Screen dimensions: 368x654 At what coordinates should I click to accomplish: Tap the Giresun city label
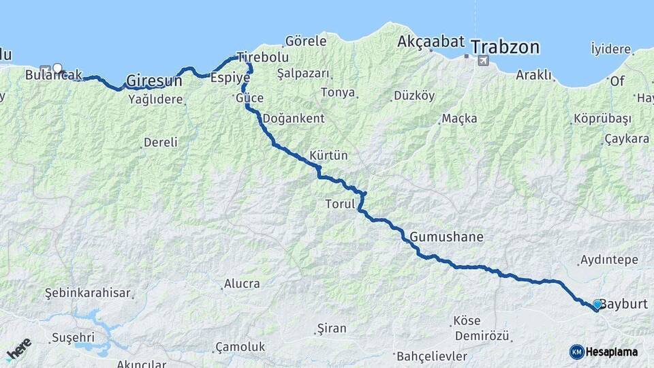[155, 80]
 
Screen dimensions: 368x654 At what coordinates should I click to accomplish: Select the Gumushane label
[446, 237]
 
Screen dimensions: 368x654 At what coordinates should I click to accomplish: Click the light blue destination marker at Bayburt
[597, 304]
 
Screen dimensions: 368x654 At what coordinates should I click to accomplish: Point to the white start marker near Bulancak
[58, 68]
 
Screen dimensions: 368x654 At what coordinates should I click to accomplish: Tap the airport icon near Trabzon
[483, 61]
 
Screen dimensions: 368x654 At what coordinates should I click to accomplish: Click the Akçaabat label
[430, 42]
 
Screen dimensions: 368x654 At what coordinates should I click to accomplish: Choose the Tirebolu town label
[262, 57]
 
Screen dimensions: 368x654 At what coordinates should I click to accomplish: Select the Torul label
[338, 204]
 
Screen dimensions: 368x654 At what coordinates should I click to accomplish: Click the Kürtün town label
[328, 155]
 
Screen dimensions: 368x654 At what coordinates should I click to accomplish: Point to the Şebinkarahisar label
[87, 293]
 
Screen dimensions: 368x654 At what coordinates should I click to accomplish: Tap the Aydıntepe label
[608, 260]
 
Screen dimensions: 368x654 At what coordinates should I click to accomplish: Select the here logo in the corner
[18, 350]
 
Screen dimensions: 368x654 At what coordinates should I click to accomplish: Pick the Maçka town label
[459, 119]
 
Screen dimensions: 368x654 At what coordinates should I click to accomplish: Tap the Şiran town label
[332, 328]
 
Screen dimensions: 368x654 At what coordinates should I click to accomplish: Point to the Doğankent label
[293, 118]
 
